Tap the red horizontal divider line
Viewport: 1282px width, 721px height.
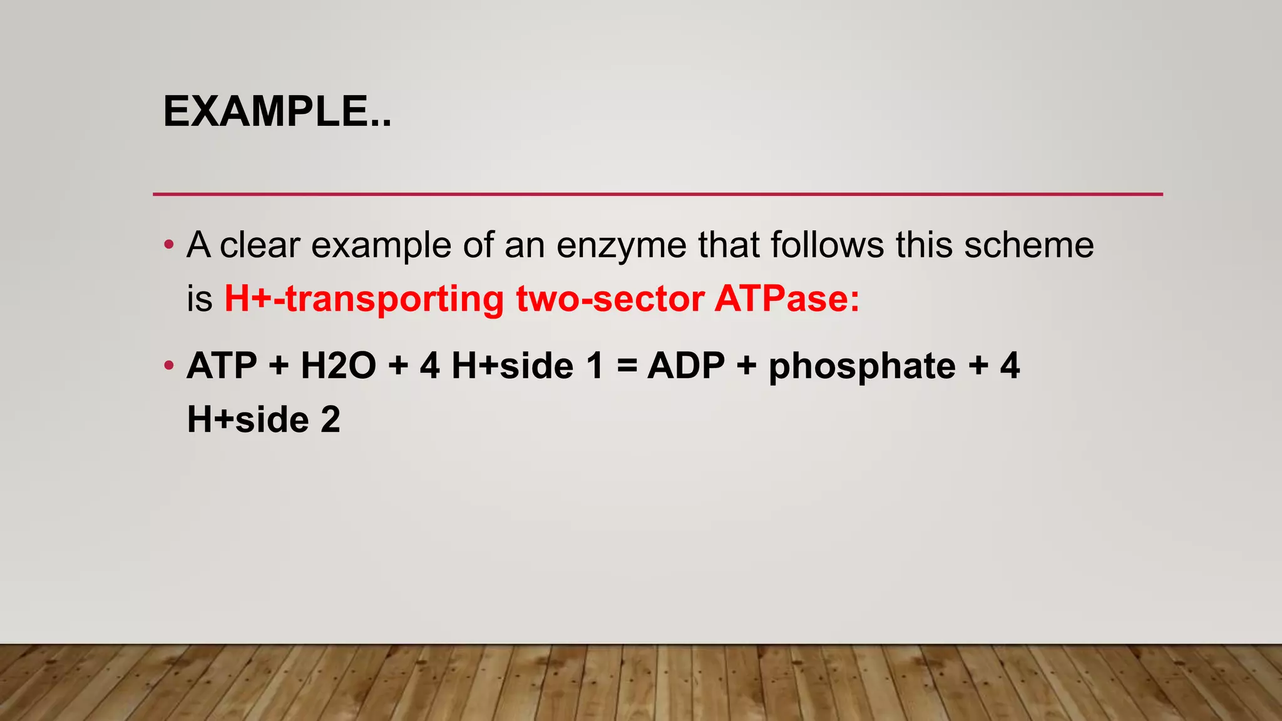pos(657,195)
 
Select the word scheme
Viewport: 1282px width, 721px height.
pos(1028,245)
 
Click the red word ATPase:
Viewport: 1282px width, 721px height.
pos(787,299)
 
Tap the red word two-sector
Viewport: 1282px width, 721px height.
pos(610,299)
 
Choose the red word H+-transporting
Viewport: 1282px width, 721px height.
pos(364,299)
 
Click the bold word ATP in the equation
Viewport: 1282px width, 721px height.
pos(222,366)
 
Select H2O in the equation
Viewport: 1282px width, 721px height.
pos(338,366)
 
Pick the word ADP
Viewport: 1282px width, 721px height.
pos(686,366)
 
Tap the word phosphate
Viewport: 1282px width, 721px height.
pos(862,366)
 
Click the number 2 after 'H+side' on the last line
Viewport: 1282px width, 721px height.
pos(331,419)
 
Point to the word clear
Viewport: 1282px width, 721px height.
pos(260,245)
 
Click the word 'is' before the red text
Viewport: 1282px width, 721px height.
pos(200,299)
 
